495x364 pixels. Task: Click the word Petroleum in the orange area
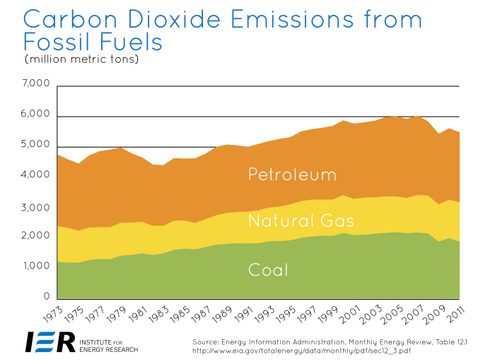coord(292,175)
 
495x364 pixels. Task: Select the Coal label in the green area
coord(269,269)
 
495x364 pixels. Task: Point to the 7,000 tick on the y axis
coord(36,84)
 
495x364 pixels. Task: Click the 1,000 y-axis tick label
coord(36,266)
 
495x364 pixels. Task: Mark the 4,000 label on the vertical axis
coord(36,175)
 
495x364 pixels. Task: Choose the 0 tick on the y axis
coord(45,297)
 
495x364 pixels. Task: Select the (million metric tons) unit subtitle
coord(81,59)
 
